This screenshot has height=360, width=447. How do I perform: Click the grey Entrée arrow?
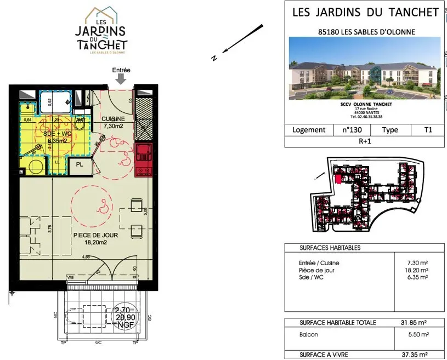(x=121, y=79)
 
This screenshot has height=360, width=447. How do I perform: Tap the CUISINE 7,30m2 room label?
(x=114, y=122)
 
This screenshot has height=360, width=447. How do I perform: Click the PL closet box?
(x=80, y=164)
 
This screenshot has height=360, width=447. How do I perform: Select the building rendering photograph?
(x=365, y=68)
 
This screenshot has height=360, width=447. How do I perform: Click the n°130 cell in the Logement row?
(x=352, y=130)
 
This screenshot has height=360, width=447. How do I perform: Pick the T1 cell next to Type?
(x=428, y=130)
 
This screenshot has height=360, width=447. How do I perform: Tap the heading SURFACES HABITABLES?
(x=330, y=248)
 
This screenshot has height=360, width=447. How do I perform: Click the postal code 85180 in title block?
(x=330, y=32)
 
